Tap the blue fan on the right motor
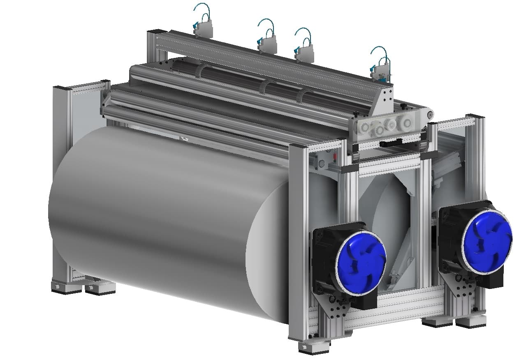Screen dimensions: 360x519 487,241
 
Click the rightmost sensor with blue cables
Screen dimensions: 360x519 380,70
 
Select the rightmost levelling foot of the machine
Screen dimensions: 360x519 470,321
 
